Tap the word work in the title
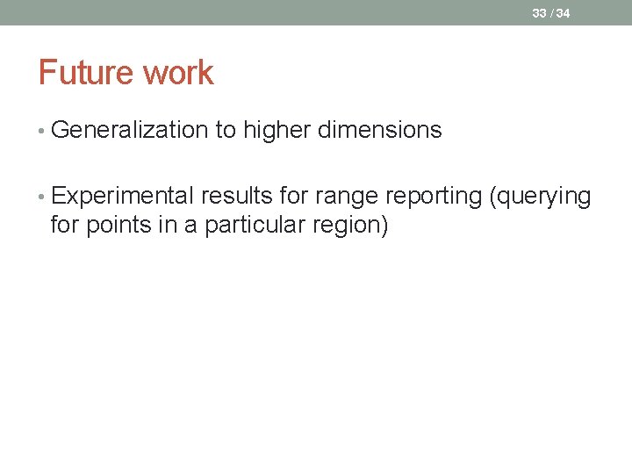click(x=180, y=73)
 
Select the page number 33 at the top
click(x=538, y=13)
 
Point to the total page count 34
click(x=563, y=13)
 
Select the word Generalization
click(x=132, y=131)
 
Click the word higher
click(x=276, y=131)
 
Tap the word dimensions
click(x=379, y=131)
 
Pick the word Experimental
click(x=123, y=197)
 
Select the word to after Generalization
click(x=226, y=131)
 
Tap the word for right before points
click(x=63, y=226)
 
